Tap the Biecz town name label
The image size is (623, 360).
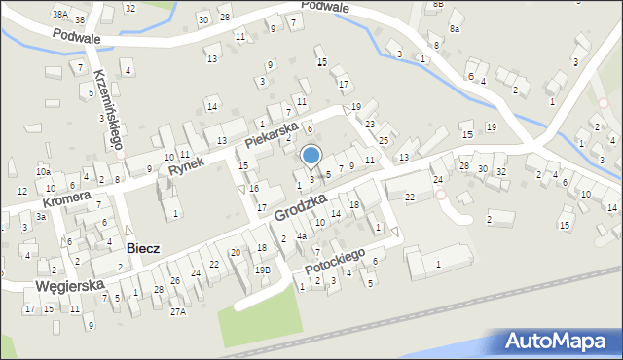(x=143, y=248)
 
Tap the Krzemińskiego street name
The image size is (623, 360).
(x=106, y=108)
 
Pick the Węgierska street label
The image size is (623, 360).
(x=69, y=286)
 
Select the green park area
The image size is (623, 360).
(x=258, y=315)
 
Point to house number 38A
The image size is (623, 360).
(x=59, y=15)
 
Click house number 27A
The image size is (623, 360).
(x=177, y=311)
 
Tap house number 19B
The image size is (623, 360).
(x=262, y=270)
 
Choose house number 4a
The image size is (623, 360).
(x=302, y=236)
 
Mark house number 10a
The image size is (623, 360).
(x=43, y=172)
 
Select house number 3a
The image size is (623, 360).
(x=41, y=216)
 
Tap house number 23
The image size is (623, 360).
(x=370, y=124)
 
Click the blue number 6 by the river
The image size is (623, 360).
(x=470, y=76)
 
